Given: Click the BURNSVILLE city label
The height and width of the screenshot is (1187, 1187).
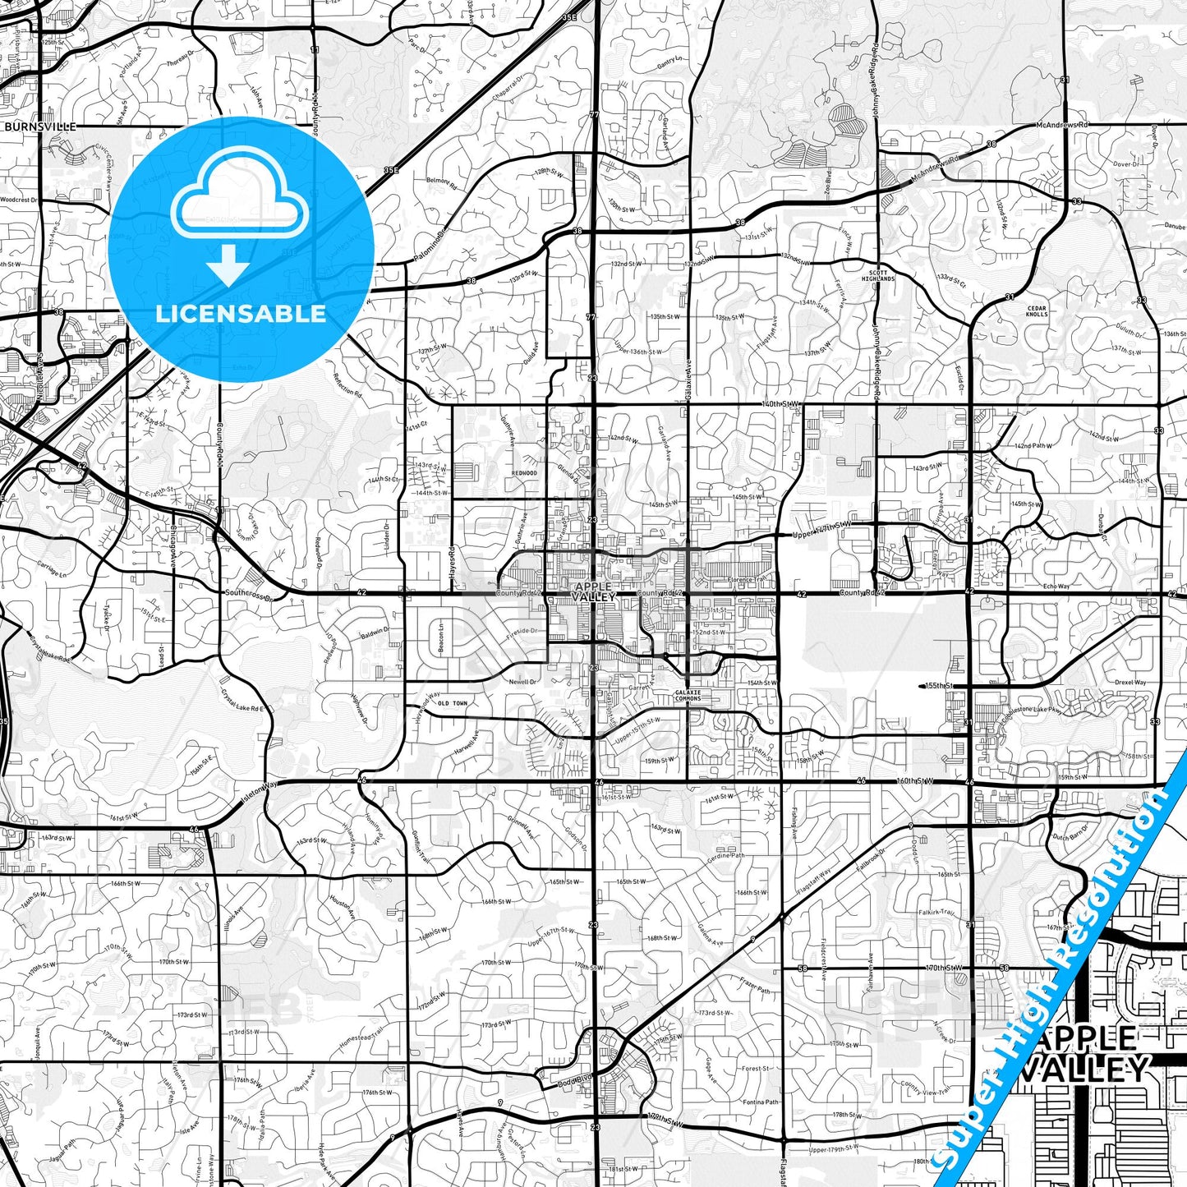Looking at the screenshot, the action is [40, 127].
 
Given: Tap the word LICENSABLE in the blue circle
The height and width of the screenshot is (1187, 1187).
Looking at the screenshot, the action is [241, 314].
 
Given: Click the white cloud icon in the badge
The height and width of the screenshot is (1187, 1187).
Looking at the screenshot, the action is [240, 198].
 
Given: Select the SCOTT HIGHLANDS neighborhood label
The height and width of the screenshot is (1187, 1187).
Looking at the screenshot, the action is [882, 275].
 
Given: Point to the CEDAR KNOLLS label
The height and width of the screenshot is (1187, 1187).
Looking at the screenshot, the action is [1037, 311].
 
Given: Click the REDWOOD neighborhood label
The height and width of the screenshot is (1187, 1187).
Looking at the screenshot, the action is [524, 473].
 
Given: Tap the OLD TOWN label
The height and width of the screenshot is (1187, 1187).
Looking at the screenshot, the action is [452, 703].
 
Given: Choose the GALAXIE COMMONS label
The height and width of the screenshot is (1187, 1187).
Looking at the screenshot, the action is [688, 695].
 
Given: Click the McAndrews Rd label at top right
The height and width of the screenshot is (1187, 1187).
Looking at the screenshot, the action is [1061, 125].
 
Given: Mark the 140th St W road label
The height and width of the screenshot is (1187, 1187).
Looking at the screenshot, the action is [780, 404].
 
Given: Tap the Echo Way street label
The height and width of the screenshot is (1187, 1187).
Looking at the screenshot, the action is [1056, 587].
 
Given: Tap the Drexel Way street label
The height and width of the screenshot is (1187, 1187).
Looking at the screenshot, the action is [1130, 682].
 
